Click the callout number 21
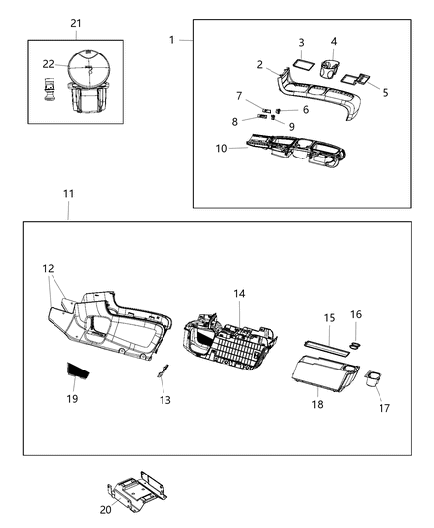(x=77, y=22)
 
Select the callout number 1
(x=172, y=40)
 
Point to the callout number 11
(x=67, y=195)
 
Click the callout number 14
(x=238, y=294)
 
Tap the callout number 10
(x=221, y=148)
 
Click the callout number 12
(x=48, y=269)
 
